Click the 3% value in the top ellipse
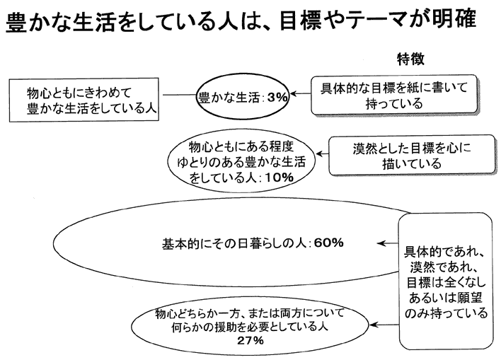click(x=277, y=97)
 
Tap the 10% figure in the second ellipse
click(x=279, y=178)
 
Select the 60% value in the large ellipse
click(x=329, y=243)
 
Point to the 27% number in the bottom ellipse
click(x=250, y=340)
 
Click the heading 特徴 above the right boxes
click(x=410, y=59)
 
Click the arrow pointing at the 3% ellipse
click(x=301, y=93)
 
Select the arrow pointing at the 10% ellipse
click(x=323, y=154)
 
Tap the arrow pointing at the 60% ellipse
click(x=388, y=243)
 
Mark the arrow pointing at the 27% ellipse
click(x=384, y=325)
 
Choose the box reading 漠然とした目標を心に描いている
click(x=412, y=155)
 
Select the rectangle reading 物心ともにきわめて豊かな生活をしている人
click(x=84, y=100)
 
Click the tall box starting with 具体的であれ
click(x=446, y=281)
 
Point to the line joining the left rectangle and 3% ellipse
click(x=179, y=95)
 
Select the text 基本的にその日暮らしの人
click(x=234, y=244)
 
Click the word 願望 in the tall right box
click(x=468, y=298)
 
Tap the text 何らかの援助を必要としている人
click(x=250, y=327)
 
